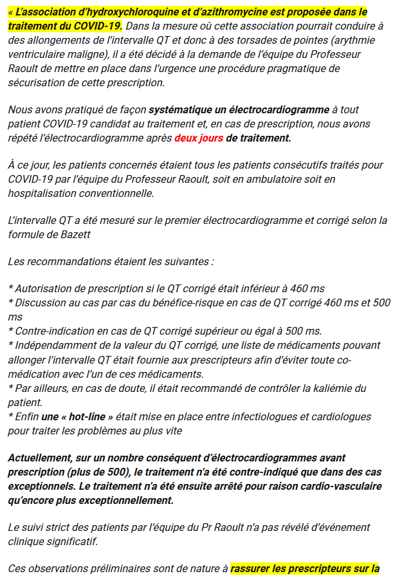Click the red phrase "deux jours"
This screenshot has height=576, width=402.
pyautogui.click(x=198, y=138)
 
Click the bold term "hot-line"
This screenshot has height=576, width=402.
pyautogui.click(x=88, y=416)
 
